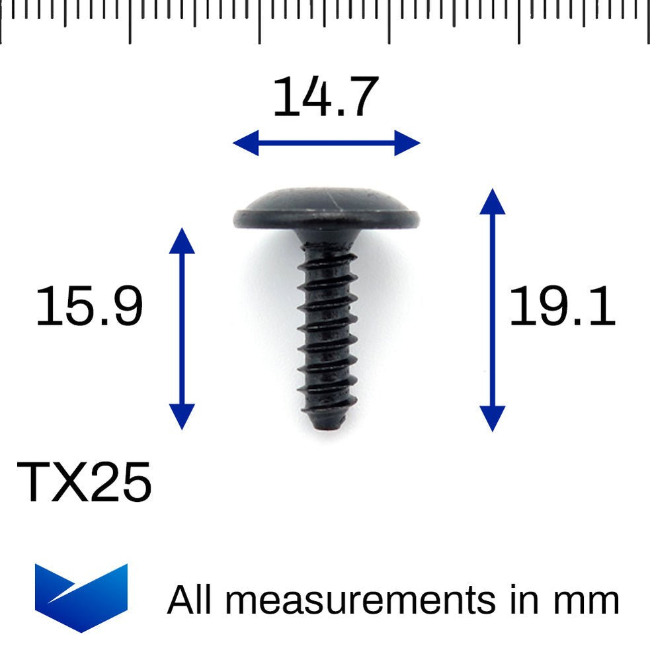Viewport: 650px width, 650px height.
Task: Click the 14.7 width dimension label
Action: coord(325,97)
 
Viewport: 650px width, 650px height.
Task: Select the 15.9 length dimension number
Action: coord(89,307)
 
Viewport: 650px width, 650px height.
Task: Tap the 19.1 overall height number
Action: coord(561,307)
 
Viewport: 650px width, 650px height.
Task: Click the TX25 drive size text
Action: coord(84,482)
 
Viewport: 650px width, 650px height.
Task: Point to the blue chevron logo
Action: coord(81,596)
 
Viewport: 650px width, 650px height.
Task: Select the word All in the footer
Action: coord(192,600)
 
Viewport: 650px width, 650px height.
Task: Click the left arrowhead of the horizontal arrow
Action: coord(245,143)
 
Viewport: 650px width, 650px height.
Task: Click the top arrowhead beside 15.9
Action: coord(182,241)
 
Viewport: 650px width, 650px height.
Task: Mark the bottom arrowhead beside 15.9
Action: coord(182,417)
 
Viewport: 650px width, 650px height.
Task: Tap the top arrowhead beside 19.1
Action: coord(492,201)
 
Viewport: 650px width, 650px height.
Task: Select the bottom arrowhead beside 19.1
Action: coord(492,419)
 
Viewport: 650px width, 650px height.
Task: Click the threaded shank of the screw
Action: coord(327,331)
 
